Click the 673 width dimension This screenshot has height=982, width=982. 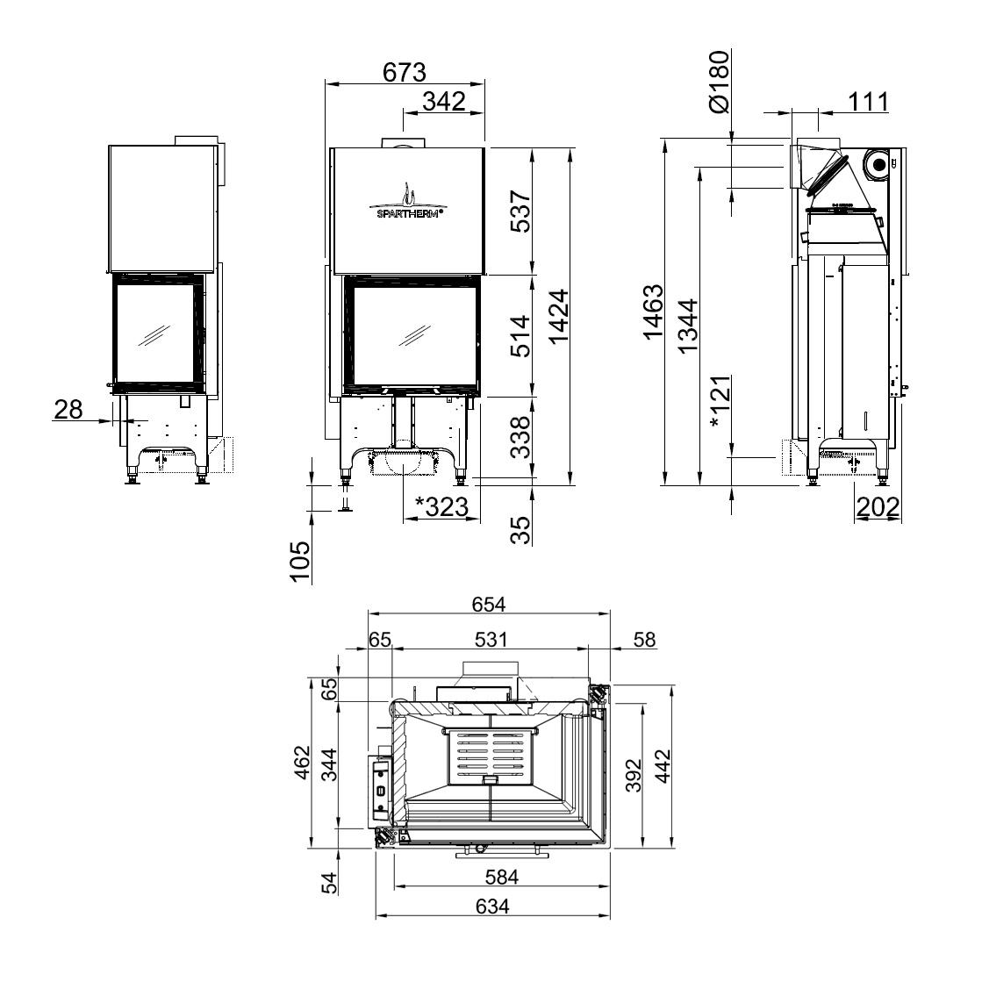tap(404, 73)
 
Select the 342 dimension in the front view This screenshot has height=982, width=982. tap(444, 101)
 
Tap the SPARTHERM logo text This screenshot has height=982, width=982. tap(410, 213)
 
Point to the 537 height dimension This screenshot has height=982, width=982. tap(520, 211)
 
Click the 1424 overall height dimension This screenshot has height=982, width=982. tap(558, 316)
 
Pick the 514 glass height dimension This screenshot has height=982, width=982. tap(520, 336)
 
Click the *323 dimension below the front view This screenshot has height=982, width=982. tap(442, 506)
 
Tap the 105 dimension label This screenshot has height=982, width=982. tap(301, 562)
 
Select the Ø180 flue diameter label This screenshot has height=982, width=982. tap(720, 82)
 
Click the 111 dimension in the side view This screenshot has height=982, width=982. tap(869, 101)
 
